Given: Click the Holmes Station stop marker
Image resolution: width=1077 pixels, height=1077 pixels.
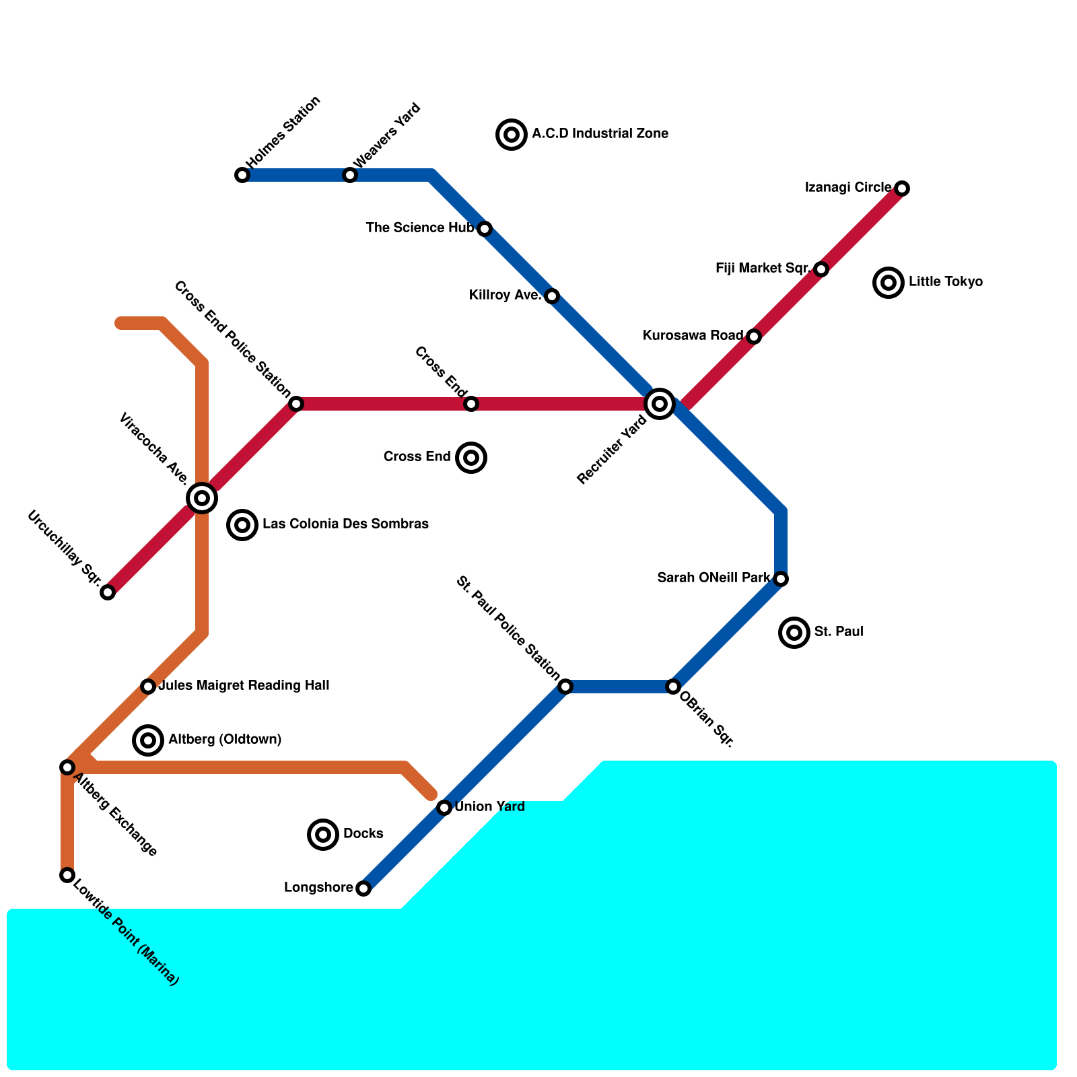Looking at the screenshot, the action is pyautogui.click(x=242, y=175).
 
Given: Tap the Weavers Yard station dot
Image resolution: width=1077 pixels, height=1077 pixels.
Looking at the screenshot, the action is pyautogui.click(x=350, y=175).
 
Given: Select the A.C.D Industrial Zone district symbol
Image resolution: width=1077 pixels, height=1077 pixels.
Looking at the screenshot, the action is pyautogui.click(x=512, y=135).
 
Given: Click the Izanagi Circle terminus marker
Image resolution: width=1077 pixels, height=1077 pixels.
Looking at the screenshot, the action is pyautogui.click(x=902, y=188).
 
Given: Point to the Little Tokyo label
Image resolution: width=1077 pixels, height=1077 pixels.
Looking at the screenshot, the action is pyautogui.click(x=945, y=282).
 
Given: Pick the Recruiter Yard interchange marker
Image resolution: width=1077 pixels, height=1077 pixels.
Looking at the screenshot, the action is pyautogui.click(x=660, y=404).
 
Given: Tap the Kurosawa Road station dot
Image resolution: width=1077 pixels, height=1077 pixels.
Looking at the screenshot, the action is pyautogui.click(x=754, y=337).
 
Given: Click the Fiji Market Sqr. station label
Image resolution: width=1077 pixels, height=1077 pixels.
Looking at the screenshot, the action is pyautogui.click(x=762, y=269).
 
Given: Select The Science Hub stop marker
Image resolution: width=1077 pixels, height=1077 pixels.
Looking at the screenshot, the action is pyautogui.click(x=485, y=229).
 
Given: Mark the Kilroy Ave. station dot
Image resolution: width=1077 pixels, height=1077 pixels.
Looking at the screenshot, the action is pyautogui.click(x=552, y=296).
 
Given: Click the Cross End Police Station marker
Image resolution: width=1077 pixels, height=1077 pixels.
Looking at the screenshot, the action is pyautogui.click(x=296, y=404).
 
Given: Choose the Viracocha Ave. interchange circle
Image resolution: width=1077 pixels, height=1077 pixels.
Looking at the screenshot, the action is pyautogui.click(x=202, y=498).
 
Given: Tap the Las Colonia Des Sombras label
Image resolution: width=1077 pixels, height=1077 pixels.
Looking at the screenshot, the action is pyautogui.click(x=345, y=524).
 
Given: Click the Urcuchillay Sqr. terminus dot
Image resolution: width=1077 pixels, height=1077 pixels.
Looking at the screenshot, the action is pyautogui.click(x=108, y=592).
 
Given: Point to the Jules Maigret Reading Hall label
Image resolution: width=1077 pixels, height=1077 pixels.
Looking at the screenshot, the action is pyautogui.click(x=244, y=686).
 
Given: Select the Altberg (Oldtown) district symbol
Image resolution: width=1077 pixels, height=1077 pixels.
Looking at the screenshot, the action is pyautogui.click(x=148, y=740).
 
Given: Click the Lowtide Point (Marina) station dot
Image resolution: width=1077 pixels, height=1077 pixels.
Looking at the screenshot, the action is pyautogui.click(x=67, y=875).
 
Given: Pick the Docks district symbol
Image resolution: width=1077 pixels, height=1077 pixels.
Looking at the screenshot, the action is pyautogui.click(x=323, y=835).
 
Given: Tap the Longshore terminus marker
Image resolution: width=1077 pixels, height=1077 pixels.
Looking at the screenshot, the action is pyautogui.click(x=363, y=889).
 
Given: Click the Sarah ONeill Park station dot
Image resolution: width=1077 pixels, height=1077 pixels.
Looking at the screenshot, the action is pyautogui.click(x=781, y=579).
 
